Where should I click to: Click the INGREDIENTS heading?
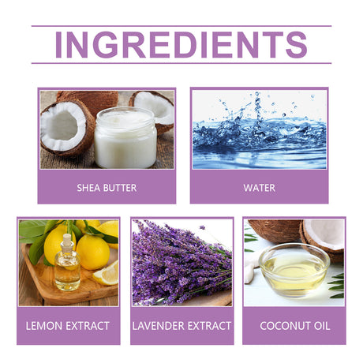181,45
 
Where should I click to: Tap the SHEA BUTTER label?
107,188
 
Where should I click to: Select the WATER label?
260,188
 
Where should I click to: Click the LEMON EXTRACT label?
68,326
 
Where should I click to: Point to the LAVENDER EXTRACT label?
181,326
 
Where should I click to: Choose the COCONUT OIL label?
295,326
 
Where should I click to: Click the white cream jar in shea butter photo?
125,137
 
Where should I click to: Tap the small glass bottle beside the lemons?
67,263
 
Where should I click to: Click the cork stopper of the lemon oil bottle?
67,239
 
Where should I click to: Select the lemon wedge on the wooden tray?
106,274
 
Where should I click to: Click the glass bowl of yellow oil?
294,270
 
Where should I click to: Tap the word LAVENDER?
159,326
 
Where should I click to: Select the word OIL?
322,326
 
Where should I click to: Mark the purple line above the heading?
181,26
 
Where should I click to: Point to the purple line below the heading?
181,63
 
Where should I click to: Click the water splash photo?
260,129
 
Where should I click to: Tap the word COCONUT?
285,326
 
